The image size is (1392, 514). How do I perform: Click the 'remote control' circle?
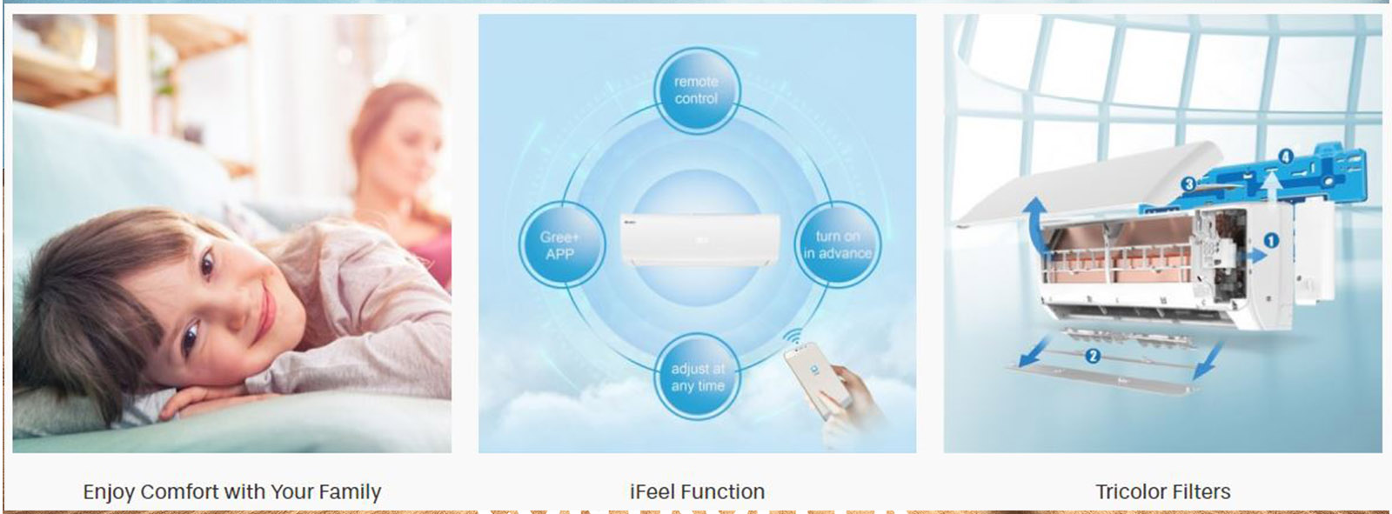697,90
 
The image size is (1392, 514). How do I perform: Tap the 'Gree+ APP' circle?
562,244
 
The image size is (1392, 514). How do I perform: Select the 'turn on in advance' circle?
837,244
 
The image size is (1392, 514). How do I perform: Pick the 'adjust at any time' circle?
697,377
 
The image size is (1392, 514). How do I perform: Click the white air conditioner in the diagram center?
699,240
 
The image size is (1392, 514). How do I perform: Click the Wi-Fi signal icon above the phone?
792,337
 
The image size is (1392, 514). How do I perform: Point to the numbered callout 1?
1271,240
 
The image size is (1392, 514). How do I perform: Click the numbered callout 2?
1093,356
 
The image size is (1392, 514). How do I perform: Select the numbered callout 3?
1188,184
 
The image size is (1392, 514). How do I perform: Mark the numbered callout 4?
1286,156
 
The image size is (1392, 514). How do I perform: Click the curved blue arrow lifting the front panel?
1034,225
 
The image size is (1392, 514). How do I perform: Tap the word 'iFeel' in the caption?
652,491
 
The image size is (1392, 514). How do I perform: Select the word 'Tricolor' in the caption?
1134,491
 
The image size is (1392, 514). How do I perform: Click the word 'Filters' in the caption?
1205,491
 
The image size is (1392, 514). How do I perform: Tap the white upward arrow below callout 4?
1272,186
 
